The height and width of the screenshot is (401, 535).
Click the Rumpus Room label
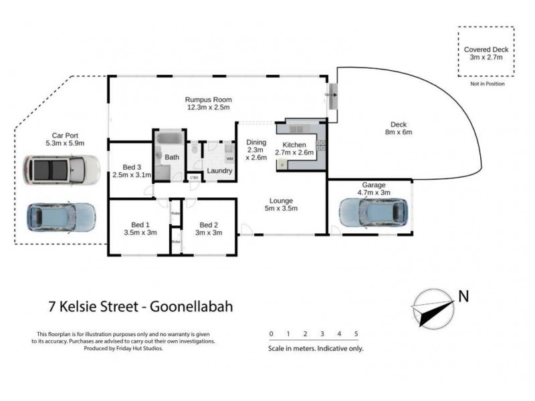[208, 100]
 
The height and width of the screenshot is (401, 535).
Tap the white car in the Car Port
[60, 170]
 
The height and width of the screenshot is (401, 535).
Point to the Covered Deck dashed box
[486, 53]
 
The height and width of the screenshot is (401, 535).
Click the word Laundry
[219, 171]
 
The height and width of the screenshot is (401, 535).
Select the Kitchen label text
[294, 145]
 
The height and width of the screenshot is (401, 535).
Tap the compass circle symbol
[433, 309]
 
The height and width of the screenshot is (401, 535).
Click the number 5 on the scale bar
[356, 333]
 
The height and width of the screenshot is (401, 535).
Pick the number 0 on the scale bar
[271, 333]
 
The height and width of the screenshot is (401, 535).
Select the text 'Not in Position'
[487, 84]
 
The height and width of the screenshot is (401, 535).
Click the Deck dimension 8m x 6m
[399, 132]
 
